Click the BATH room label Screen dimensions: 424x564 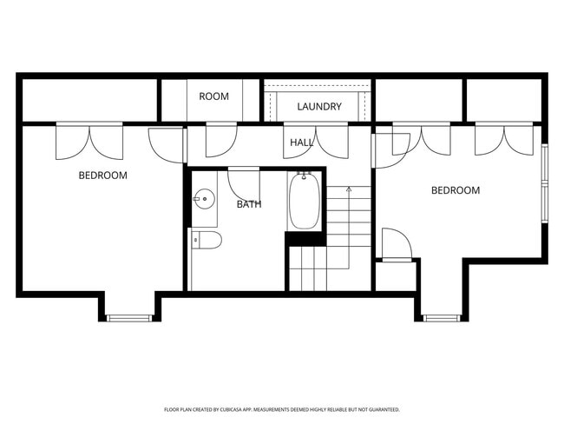coord(249,205)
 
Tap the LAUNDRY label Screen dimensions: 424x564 coord(319,107)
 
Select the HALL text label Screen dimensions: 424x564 coord(302,142)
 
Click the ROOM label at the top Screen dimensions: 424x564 coord(213,96)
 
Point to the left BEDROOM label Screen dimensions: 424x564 coord(102,176)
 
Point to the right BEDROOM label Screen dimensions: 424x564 coord(455,190)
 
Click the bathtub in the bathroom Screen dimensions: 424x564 coord(304,202)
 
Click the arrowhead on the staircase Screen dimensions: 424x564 coord(348,188)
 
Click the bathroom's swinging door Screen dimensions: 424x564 coord(244,182)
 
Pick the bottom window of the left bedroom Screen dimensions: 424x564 coord(129,318)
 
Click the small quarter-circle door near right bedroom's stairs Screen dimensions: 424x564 coord(396,244)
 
